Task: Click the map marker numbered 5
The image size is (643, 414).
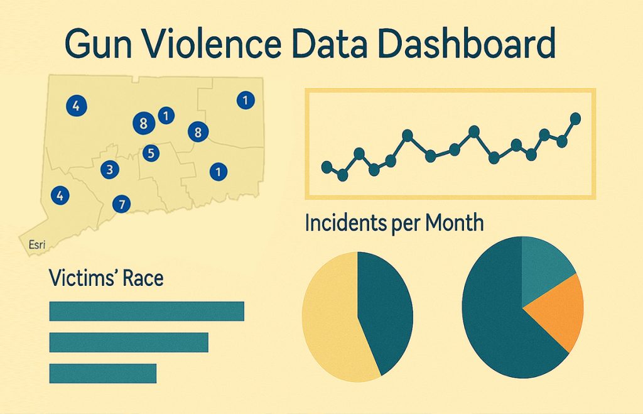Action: tap(150, 152)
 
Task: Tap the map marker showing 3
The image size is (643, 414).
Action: tap(109, 169)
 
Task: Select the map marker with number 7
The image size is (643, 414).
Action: tap(122, 204)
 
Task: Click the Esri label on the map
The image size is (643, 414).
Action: tap(37, 244)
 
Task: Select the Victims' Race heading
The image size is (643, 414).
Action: tap(106, 278)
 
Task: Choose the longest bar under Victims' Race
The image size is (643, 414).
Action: tap(146, 311)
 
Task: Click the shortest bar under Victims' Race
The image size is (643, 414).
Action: tap(102, 373)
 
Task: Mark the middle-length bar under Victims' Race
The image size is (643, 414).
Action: tap(128, 342)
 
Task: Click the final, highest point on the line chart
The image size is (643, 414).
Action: tap(575, 117)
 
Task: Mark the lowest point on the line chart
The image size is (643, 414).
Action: tap(342, 175)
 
